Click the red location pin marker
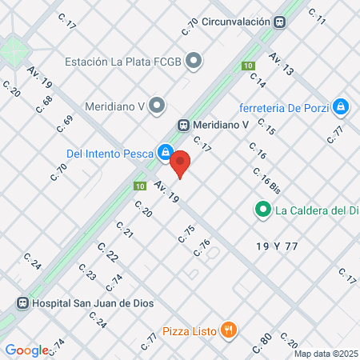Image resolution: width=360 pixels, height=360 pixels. (181, 163)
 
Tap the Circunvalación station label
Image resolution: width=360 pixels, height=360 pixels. (236, 22)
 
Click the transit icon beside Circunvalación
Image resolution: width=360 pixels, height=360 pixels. (281, 22)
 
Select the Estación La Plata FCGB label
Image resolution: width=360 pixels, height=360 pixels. (123, 61)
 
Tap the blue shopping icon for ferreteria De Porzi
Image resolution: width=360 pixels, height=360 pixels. (341, 106)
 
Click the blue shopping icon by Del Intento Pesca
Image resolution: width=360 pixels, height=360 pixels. (165, 150)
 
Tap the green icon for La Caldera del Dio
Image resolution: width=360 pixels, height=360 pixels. (262, 211)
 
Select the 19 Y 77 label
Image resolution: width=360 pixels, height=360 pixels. (278, 245)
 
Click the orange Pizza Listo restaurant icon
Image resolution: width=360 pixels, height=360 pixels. (229, 329)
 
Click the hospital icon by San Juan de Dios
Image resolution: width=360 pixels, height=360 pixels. (22, 303)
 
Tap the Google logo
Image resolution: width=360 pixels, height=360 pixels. (26, 350)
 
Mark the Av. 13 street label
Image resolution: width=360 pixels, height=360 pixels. (282, 63)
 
